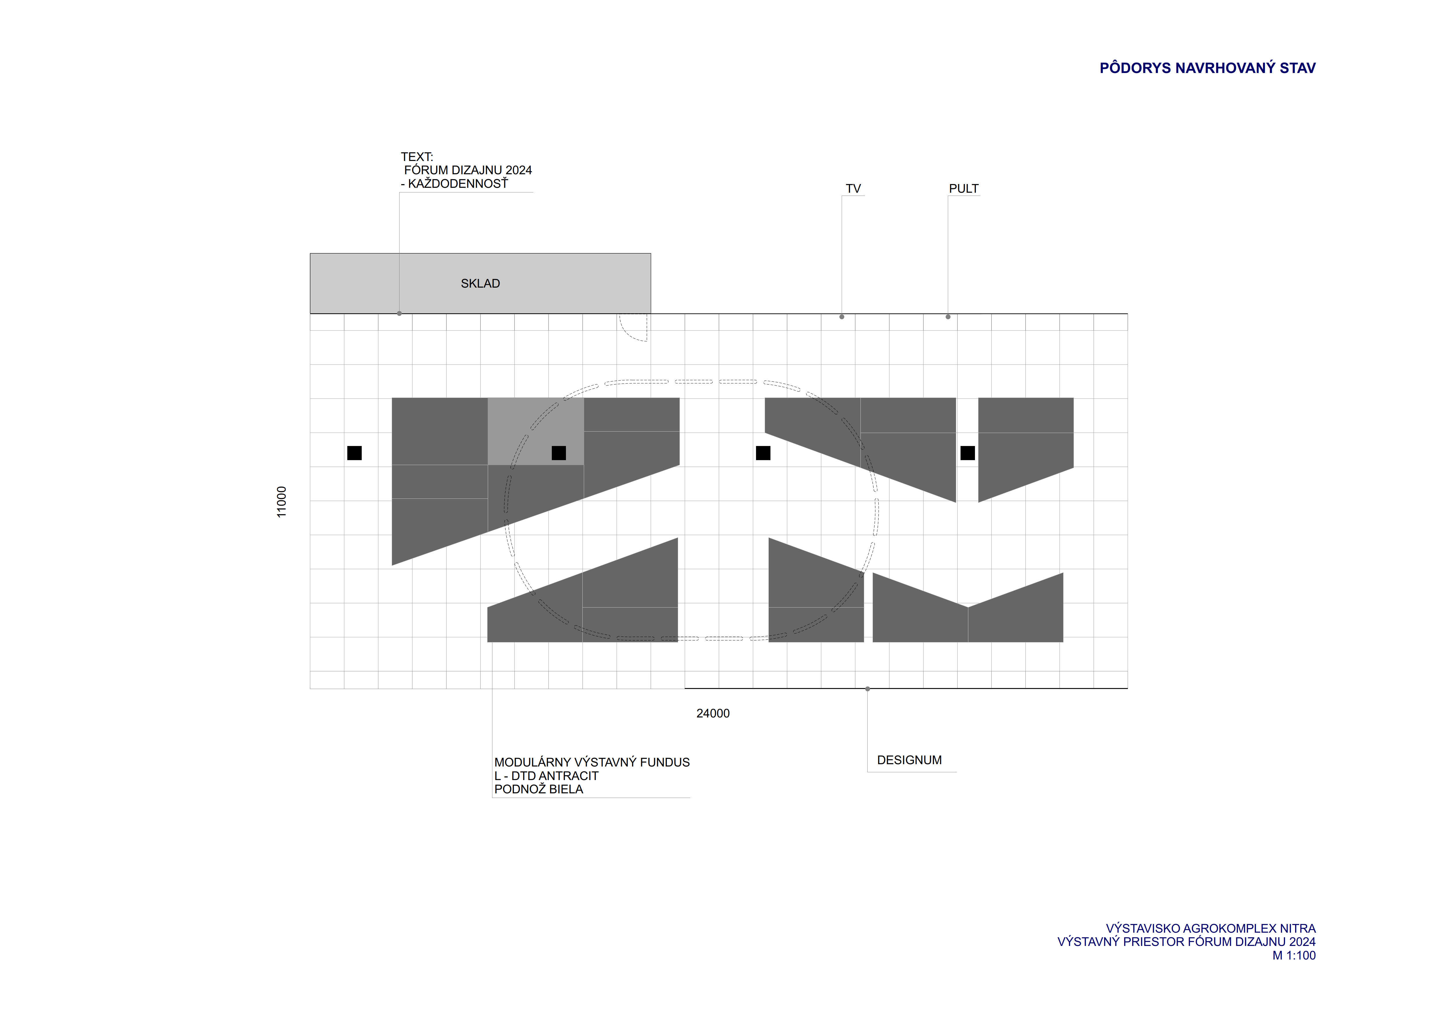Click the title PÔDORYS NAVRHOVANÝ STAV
pos(1207,68)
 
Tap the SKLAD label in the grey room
pos(480,284)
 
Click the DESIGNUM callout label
pos(909,760)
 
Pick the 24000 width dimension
pos(712,713)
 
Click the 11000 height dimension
pos(282,502)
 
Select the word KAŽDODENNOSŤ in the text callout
pos(458,184)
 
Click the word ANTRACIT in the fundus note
pos(568,776)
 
